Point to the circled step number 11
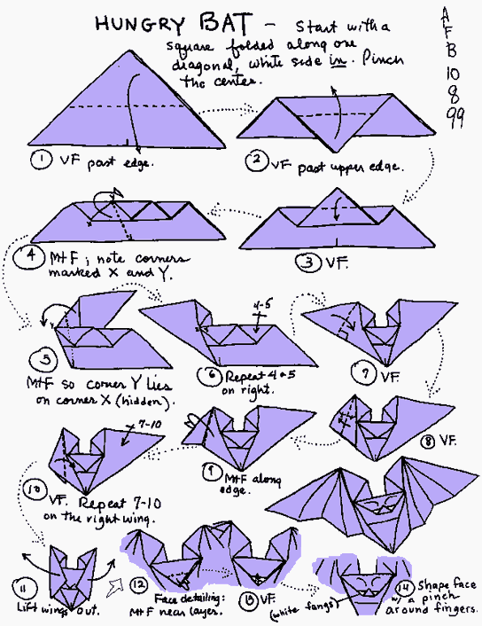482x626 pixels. [21, 588]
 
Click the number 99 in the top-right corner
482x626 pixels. [455, 121]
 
